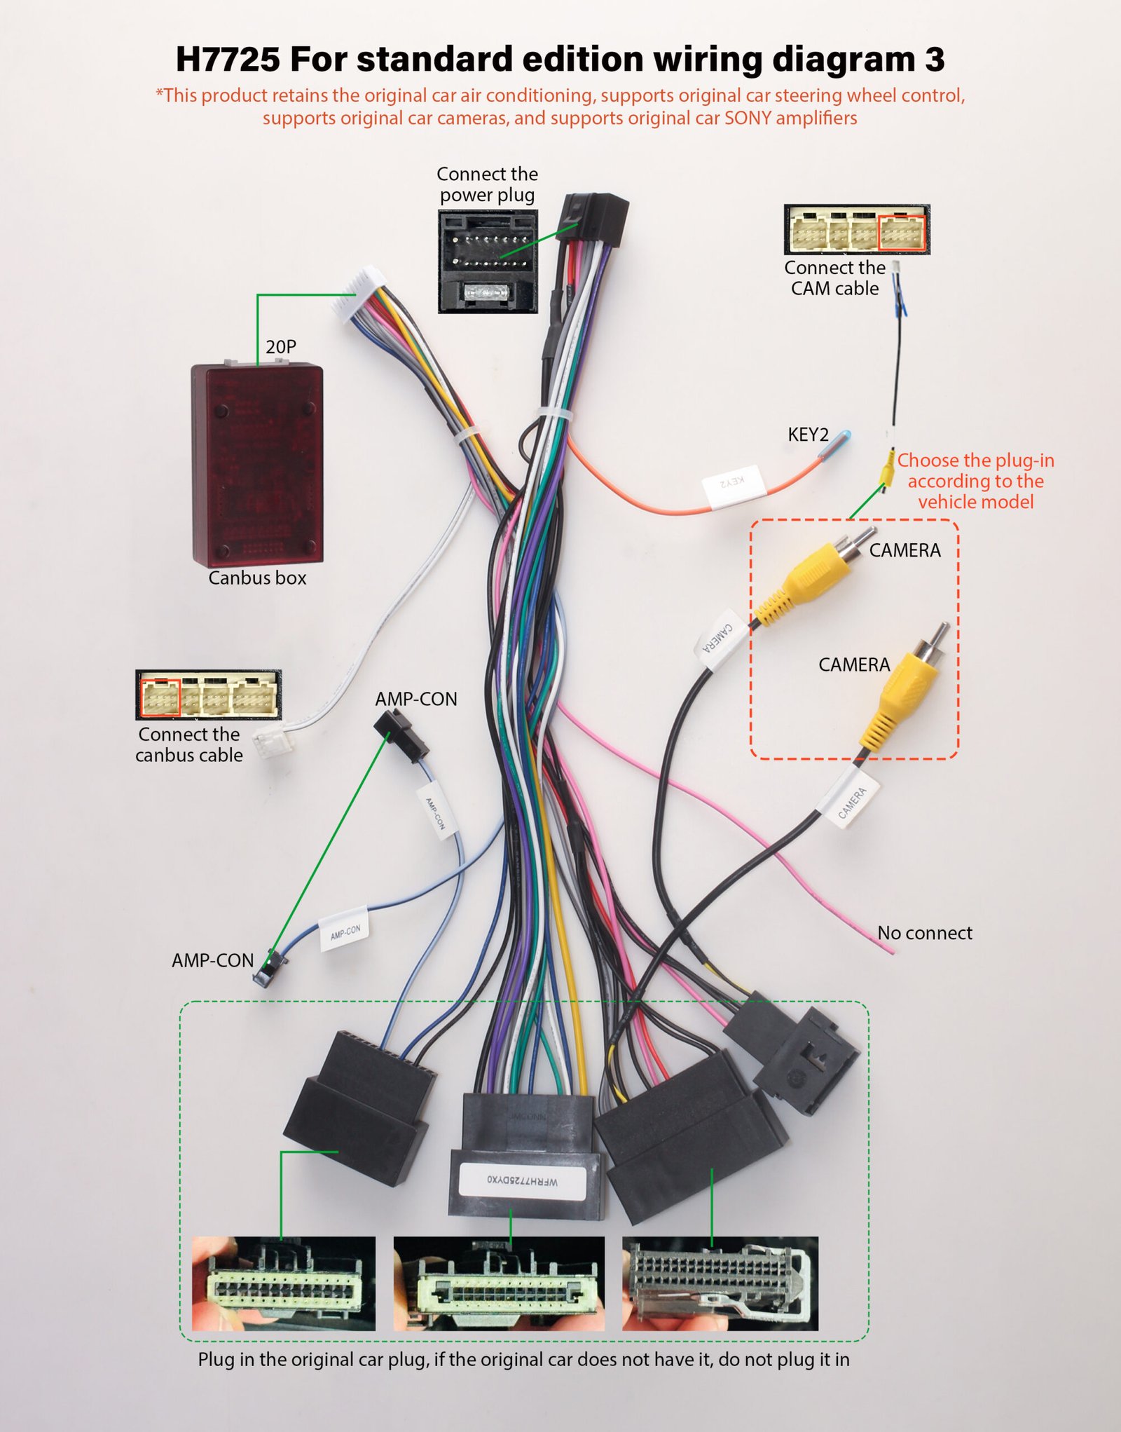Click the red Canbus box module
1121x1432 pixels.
tap(257, 463)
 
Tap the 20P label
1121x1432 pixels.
tap(281, 346)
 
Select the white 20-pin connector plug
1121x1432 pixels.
tap(359, 294)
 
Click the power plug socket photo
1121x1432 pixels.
tap(488, 261)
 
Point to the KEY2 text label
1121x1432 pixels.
tap(808, 435)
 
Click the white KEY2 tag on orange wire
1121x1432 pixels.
tap(733, 484)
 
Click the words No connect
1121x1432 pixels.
tap(925, 933)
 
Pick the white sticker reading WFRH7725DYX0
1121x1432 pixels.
tap(523, 1180)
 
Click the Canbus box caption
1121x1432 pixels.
tap(257, 578)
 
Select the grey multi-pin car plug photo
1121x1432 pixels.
tap(720, 1283)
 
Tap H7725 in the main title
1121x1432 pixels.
tap(227, 59)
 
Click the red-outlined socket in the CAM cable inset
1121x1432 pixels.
tap(902, 233)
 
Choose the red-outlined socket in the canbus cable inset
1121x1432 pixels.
tap(160, 697)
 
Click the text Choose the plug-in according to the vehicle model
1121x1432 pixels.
tap(975, 481)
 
